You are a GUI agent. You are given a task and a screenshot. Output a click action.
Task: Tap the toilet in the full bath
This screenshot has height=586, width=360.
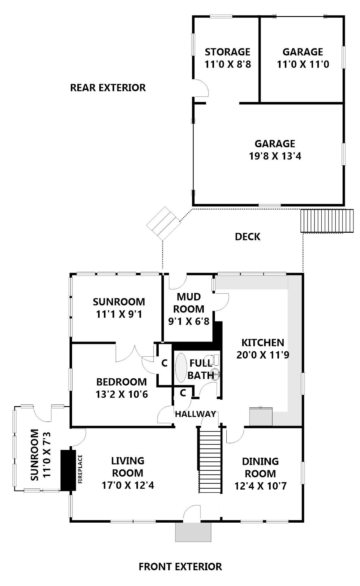point(216,359)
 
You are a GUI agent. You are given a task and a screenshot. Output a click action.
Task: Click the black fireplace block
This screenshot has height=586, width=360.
point(68,470)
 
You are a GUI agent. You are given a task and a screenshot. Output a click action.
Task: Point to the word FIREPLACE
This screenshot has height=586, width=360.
point(80,469)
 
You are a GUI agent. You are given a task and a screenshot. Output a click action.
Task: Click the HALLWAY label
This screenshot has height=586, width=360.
point(195,414)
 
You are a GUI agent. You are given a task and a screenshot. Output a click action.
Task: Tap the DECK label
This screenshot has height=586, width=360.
point(247,237)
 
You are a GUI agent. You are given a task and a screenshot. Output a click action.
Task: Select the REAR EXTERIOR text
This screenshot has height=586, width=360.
point(108,88)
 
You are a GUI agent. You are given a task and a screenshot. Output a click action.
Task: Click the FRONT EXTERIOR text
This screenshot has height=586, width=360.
point(180,567)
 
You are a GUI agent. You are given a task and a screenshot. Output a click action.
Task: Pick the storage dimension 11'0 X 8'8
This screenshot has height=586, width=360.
point(227,64)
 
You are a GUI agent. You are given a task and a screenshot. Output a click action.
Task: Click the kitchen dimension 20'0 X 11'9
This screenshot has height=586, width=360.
point(263,355)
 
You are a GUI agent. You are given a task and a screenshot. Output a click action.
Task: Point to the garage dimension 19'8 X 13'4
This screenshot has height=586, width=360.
point(275,156)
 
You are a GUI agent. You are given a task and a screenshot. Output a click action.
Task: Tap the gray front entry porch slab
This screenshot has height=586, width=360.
point(193,532)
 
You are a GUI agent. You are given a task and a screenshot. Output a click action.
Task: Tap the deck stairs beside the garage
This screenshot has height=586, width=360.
point(327,221)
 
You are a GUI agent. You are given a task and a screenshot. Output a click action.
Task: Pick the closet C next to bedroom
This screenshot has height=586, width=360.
point(164,363)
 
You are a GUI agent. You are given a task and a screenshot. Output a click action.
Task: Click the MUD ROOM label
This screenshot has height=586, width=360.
point(188,303)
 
